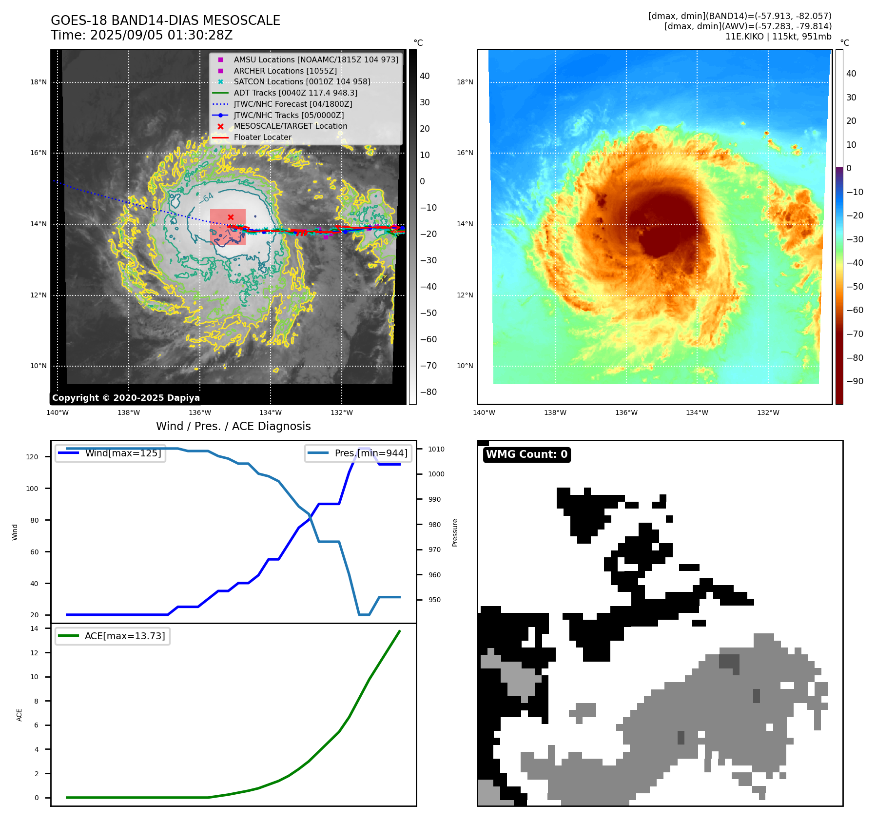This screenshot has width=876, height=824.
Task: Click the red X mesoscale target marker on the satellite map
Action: [x=231, y=217]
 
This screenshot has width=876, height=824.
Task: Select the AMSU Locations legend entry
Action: [x=315, y=59]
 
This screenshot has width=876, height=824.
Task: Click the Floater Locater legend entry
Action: [x=262, y=137]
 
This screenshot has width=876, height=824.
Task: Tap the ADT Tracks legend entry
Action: [x=295, y=93]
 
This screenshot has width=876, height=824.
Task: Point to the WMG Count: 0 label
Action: [x=526, y=454]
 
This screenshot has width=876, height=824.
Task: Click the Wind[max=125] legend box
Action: [x=111, y=453]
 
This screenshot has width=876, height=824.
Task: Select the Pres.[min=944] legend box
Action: [x=358, y=453]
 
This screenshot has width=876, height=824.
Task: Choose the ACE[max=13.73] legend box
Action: [x=113, y=636]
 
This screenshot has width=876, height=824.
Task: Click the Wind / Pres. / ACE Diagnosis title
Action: [x=233, y=426]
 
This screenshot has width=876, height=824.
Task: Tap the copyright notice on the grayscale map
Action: [x=126, y=398]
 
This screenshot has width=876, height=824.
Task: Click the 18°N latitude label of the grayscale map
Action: [x=39, y=82]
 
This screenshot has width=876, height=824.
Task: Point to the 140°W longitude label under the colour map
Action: [x=484, y=413]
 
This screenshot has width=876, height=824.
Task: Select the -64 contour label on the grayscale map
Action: [x=207, y=198]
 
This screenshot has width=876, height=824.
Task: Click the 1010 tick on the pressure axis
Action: [x=436, y=449]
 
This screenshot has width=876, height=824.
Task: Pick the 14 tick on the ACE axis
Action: [x=34, y=628]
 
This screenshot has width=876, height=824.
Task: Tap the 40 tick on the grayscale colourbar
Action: [x=425, y=76]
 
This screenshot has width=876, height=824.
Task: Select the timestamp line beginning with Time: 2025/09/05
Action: [x=141, y=35]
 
